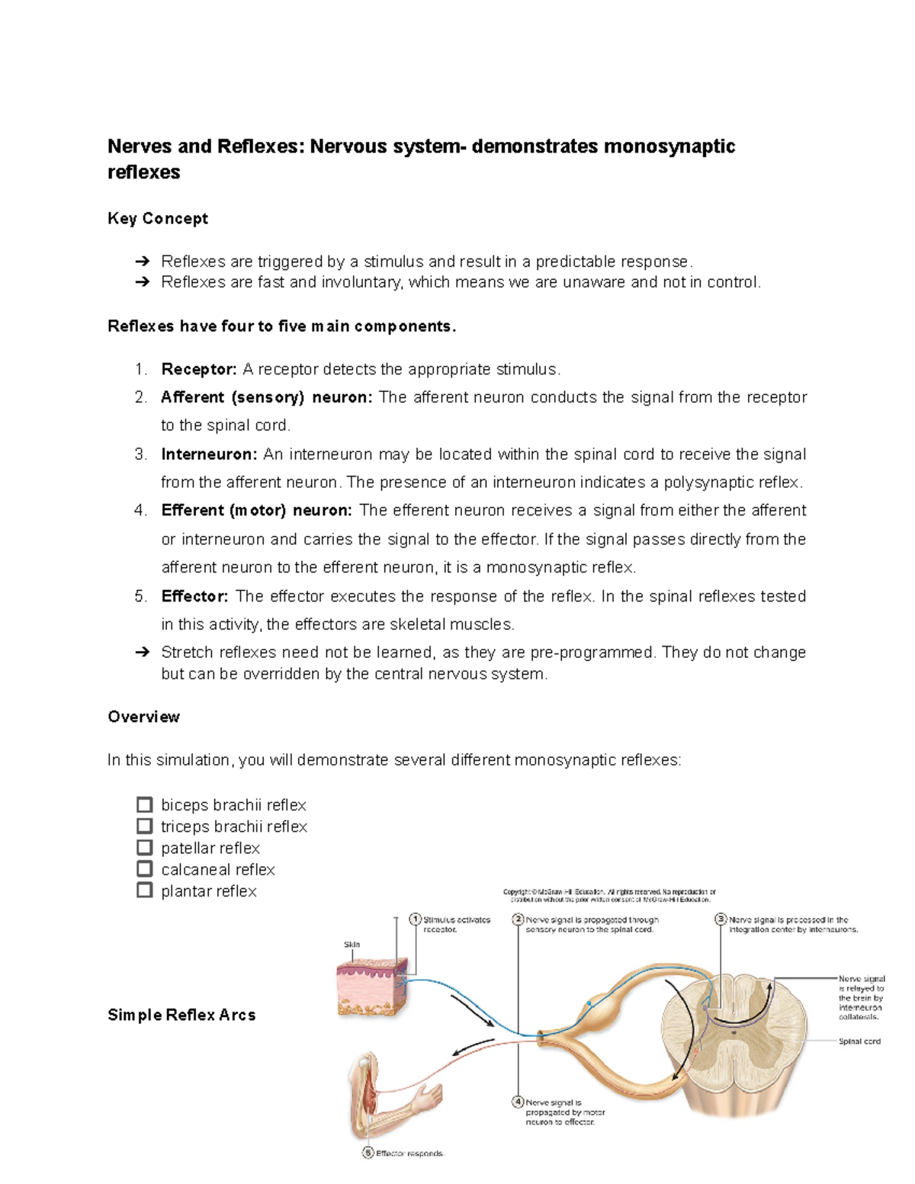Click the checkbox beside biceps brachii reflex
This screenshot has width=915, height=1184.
[x=144, y=804]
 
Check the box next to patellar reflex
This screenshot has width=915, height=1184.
[x=144, y=847]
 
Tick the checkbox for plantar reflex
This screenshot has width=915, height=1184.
[x=144, y=890]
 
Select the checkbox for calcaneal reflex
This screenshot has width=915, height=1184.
[x=144, y=868]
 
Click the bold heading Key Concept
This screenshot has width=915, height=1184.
[x=158, y=218]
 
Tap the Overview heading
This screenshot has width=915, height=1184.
[x=143, y=717]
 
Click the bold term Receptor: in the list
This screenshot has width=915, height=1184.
[x=199, y=369]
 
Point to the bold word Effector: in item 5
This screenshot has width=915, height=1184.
[x=194, y=596]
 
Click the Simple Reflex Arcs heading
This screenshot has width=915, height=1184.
[x=181, y=1015]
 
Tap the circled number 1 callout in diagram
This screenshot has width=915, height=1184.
[x=416, y=919]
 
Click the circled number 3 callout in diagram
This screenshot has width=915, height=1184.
[x=721, y=919]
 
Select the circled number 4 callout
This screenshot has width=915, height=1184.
[x=518, y=1102]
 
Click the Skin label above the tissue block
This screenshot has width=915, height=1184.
[x=352, y=945]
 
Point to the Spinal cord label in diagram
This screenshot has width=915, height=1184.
[x=859, y=1041]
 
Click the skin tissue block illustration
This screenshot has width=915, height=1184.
[x=372, y=988]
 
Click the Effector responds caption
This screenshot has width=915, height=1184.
[x=409, y=1154]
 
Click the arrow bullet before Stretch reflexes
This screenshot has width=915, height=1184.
[x=143, y=653]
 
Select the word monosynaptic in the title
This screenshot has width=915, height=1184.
[x=669, y=146]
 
